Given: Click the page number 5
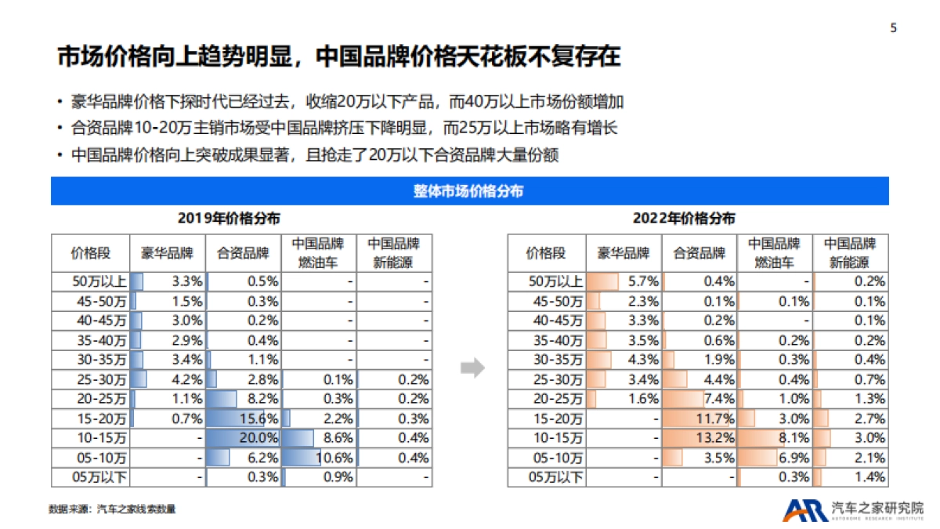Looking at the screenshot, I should click(x=894, y=28).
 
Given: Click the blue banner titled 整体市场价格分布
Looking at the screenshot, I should click(x=469, y=191).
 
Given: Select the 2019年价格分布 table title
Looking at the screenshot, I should click(x=229, y=219).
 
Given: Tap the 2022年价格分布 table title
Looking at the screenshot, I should click(x=684, y=219).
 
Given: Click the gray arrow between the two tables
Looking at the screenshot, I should click(x=472, y=368).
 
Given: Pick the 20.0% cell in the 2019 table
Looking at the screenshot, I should click(x=244, y=437).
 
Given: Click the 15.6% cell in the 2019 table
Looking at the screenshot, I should click(x=244, y=418).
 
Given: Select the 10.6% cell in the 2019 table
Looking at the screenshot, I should click(x=319, y=457).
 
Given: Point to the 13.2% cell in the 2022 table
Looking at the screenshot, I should click(x=700, y=437).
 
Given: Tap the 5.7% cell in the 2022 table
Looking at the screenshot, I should click(x=624, y=281).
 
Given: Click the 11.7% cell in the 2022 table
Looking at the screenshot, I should click(x=700, y=418).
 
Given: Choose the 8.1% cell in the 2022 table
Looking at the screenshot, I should click(x=775, y=437).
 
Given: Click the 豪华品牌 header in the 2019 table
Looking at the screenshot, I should click(x=167, y=253).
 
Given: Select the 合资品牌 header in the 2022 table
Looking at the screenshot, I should click(x=700, y=253).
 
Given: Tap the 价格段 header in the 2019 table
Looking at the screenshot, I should click(x=90, y=253).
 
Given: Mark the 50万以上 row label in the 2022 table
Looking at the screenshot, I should click(x=546, y=281).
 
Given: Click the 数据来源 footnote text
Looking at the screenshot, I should click(x=112, y=509).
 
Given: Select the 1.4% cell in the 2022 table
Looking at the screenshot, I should click(x=851, y=476).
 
